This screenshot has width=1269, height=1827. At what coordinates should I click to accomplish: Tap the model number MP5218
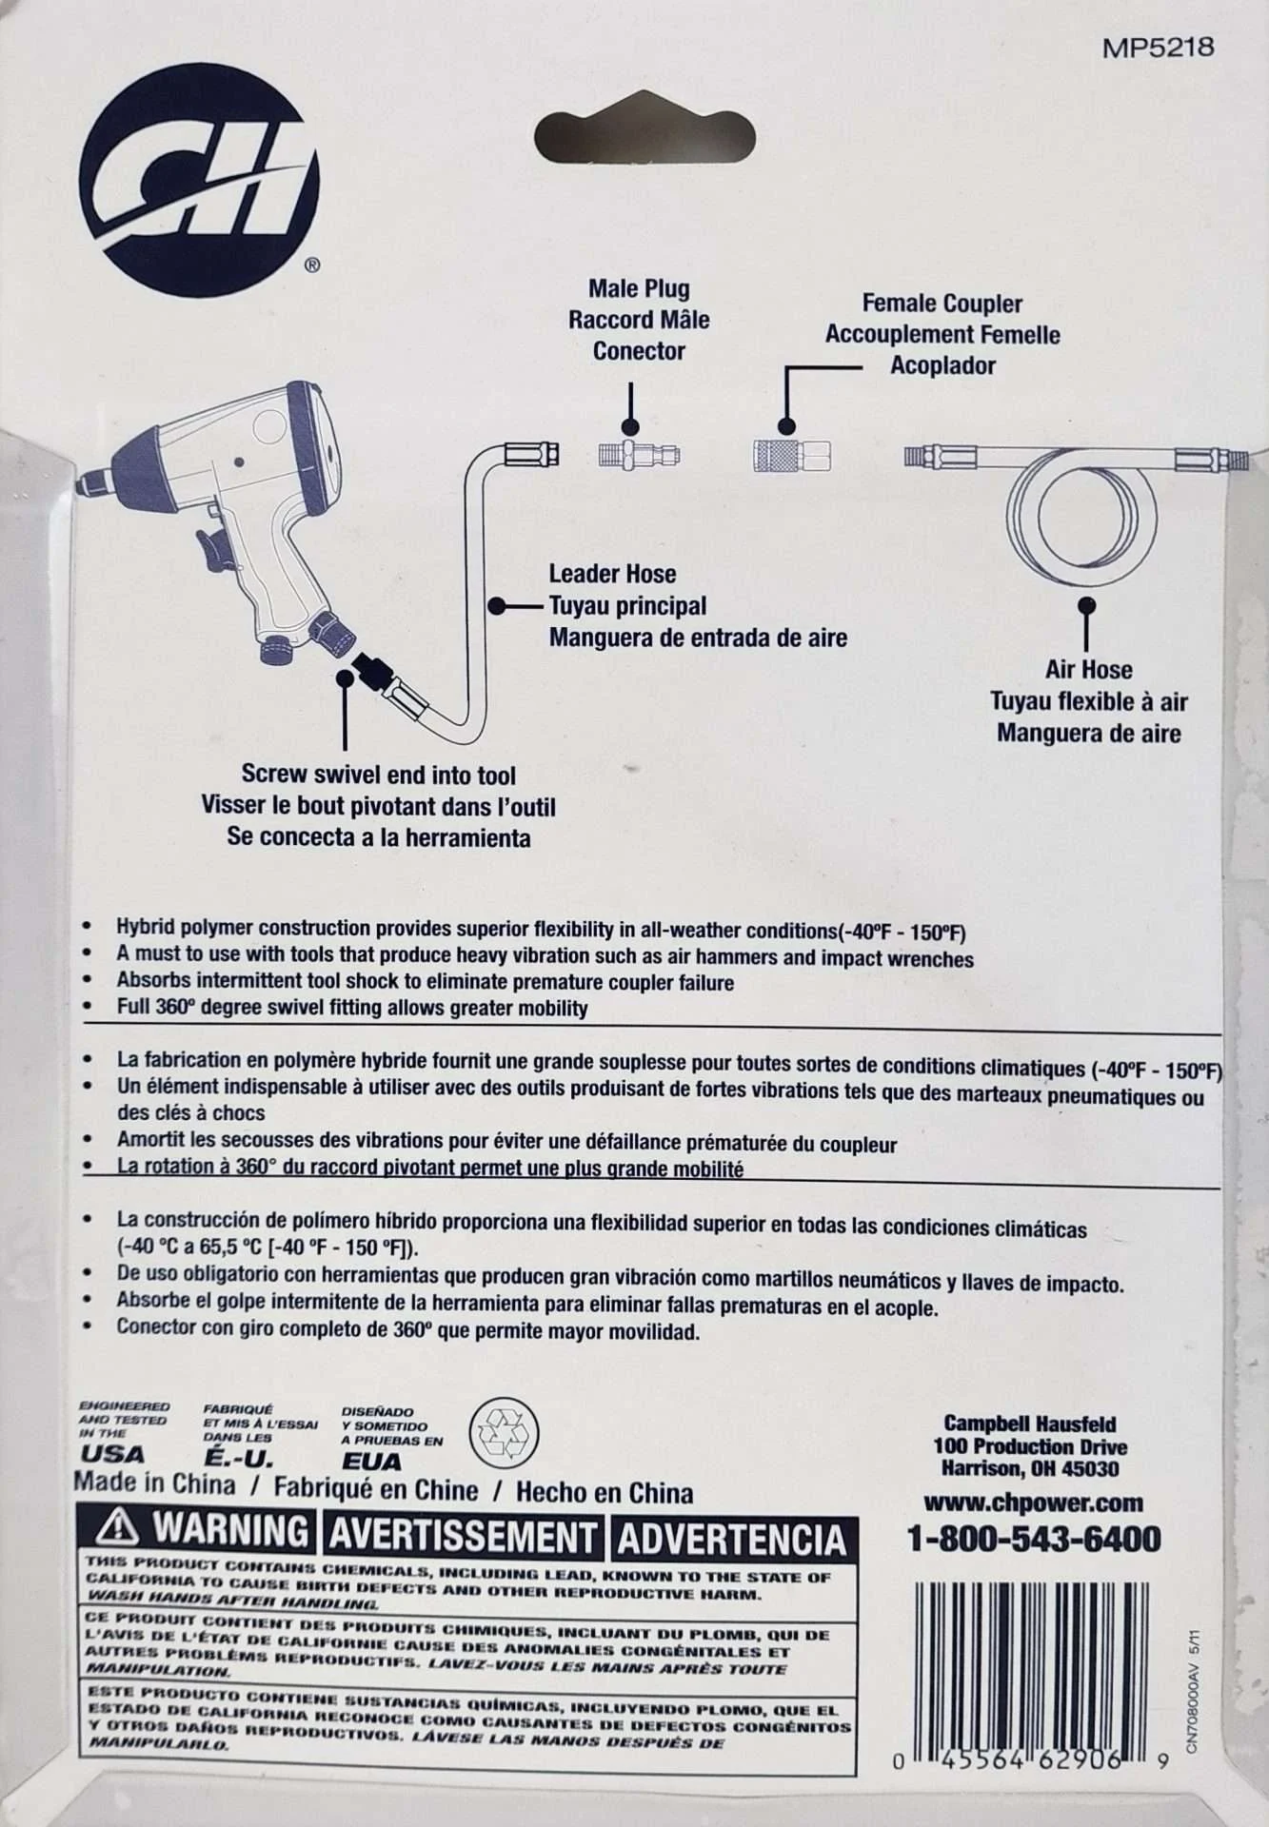1158,48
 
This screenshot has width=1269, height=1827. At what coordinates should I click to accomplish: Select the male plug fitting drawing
638,455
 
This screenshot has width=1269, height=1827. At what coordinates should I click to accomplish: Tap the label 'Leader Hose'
612,574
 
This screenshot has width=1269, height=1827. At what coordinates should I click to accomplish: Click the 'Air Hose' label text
1088,669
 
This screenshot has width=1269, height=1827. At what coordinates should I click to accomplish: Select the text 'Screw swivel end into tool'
379,775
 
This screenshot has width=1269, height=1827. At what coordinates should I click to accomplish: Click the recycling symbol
505,1432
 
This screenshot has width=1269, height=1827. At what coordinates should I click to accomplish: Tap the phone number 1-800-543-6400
1033,1539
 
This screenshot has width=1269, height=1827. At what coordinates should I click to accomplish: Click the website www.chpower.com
1033,1503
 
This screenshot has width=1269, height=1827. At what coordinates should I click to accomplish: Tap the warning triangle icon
118,1528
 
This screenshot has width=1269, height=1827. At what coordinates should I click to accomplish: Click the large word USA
112,1455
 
